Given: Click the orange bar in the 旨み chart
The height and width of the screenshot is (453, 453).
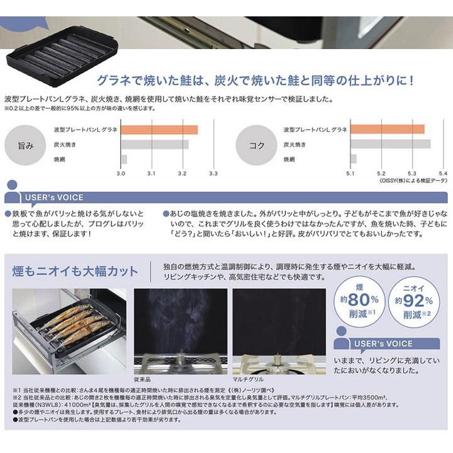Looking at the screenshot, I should [x=159, y=130].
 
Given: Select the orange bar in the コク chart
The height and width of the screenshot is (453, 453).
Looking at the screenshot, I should [x=387, y=130].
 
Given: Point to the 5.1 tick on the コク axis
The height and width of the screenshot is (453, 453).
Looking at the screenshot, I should [x=350, y=172].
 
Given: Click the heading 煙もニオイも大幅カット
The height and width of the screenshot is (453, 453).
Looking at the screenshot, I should [x=75, y=272].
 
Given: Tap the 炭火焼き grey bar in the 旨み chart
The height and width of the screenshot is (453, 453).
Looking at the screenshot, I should [x=155, y=145].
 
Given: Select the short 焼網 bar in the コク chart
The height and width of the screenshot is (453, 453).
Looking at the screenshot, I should [x=354, y=159].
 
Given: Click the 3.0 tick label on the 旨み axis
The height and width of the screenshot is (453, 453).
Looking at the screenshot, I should [x=121, y=172].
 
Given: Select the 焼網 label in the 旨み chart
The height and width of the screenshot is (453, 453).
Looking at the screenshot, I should [x=61, y=159].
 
